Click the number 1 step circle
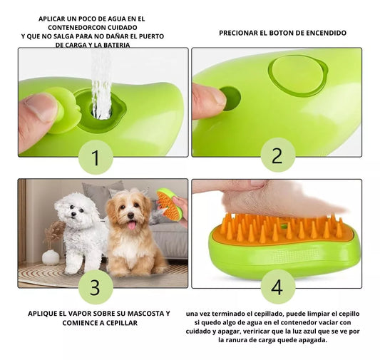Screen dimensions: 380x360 click(96, 158)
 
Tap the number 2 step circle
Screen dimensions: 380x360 click(278, 155)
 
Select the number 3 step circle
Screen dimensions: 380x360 click(96, 287)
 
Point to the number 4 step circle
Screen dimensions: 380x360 click(278, 287)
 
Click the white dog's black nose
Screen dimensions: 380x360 click(73, 214)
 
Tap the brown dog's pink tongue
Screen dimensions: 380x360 click(132, 225)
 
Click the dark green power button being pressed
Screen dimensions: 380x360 click(230, 98)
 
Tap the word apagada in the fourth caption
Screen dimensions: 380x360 click(313, 340)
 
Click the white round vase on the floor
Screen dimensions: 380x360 click(51, 257)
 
